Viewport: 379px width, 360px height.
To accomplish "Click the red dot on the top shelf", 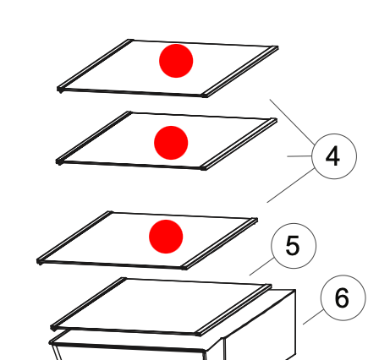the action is point(176,61).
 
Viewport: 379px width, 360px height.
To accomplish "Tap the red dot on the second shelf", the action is point(171,143).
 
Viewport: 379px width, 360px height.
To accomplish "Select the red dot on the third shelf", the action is point(166,237).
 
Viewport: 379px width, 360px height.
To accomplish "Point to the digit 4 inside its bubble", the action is point(332,155).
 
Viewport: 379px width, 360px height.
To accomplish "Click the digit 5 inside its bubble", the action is point(293,245).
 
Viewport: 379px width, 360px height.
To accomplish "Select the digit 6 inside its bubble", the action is point(342,297).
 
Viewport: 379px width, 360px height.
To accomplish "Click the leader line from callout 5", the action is point(261,266).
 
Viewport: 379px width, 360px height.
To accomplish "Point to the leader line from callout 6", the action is point(313,317).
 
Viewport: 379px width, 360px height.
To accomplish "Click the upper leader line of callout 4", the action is point(292,122).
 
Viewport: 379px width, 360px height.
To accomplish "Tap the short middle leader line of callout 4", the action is point(299,155).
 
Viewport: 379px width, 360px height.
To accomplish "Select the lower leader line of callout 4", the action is point(291,185).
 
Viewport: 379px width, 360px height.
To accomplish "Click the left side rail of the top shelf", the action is point(95,64).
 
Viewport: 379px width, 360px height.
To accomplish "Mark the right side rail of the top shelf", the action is point(240,72).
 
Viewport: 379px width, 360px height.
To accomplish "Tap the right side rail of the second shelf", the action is point(239,145).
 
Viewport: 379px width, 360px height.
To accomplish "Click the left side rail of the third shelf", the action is point(75,237).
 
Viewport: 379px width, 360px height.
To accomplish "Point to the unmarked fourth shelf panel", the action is point(161,307).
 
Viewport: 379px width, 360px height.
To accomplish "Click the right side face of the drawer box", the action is point(260,324).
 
